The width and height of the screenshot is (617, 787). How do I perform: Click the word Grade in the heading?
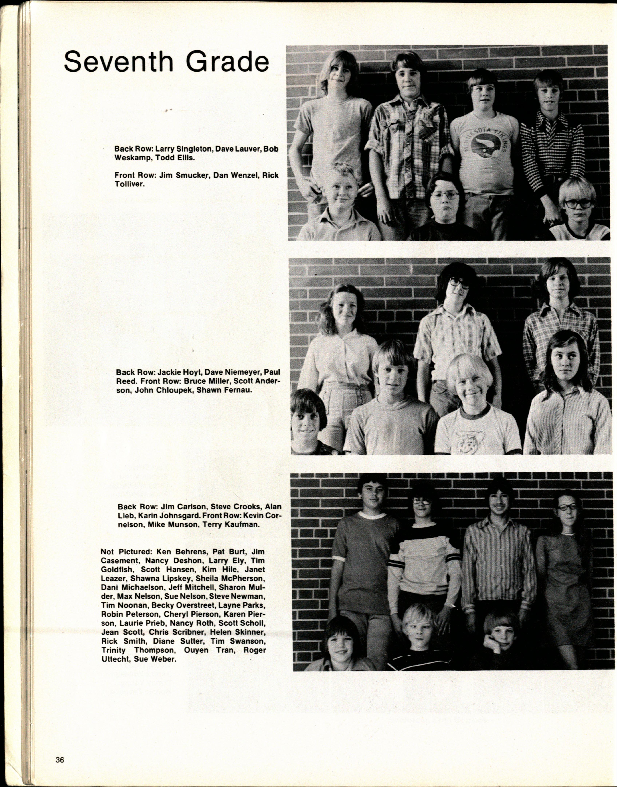[x=228, y=62]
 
